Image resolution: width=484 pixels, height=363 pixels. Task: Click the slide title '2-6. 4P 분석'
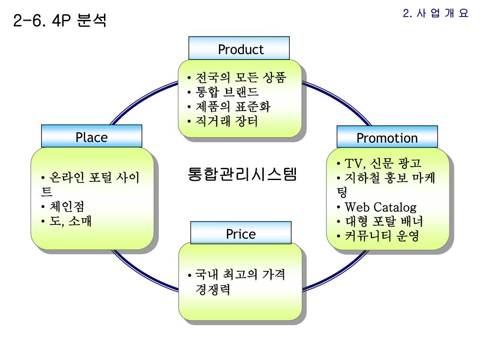click(x=60, y=20)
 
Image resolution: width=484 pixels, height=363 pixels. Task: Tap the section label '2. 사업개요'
click(x=435, y=14)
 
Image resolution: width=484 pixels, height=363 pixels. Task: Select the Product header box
click(x=239, y=49)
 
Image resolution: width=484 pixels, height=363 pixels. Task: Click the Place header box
click(x=92, y=137)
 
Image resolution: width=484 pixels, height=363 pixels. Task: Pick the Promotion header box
click(x=387, y=138)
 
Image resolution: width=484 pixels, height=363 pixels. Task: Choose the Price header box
click(x=241, y=234)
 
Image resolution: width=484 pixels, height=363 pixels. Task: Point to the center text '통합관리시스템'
click(x=242, y=174)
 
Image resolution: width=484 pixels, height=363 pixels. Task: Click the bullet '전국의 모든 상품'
click(x=241, y=78)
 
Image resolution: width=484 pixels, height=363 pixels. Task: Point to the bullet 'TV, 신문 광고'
click(x=382, y=164)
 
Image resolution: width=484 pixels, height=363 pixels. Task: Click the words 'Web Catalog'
click(x=380, y=207)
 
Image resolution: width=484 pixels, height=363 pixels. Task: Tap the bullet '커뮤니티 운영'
click(x=382, y=235)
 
